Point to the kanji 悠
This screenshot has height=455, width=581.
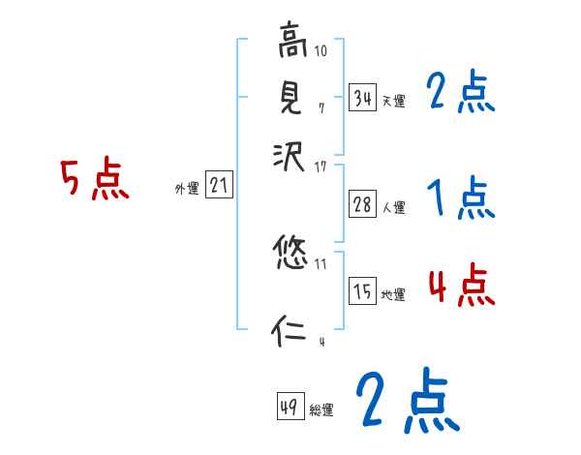click(x=291, y=255)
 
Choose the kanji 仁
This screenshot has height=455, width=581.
click(x=291, y=332)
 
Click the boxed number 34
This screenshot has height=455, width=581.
click(x=362, y=97)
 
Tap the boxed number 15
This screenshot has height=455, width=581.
click(x=362, y=291)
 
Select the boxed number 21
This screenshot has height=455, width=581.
click(x=220, y=186)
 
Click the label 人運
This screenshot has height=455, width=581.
click(x=393, y=206)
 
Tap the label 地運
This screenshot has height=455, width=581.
click(x=393, y=295)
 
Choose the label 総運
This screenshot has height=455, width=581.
click(x=321, y=410)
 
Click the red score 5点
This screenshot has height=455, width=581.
click(x=94, y=180)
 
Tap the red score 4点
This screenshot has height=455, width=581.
click(x=461, y=286)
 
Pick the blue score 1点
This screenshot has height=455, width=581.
click(x=461, y=198)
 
